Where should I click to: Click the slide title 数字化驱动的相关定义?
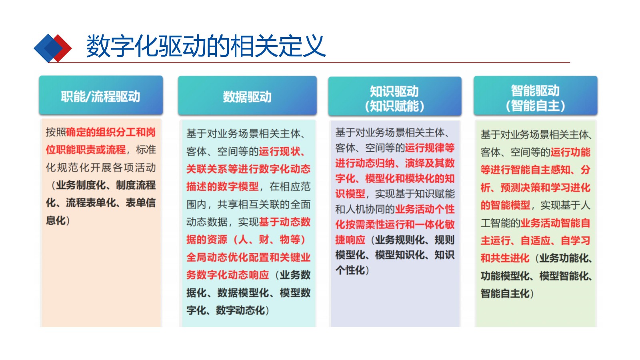point(206,46)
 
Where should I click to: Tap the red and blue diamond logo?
point(52,48)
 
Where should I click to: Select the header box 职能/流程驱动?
point(101,95)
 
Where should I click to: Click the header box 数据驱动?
point(247,96)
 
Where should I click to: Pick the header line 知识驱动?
point(394,91)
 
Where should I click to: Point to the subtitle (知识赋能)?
point(394,106)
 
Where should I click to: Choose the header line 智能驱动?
point(535,90)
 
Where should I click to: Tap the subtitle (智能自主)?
point(535,106)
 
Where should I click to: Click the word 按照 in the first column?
point(56,132)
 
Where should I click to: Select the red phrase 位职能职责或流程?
point(86,150)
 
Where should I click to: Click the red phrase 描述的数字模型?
point(222,186)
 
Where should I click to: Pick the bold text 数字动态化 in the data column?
point(240,310)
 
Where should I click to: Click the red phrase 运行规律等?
point(430,148)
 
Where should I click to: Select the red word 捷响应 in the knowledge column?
point(350,240)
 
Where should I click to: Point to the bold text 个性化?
point(350,270)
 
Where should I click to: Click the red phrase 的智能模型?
point(506,205)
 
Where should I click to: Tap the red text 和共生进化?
point(505,258)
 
